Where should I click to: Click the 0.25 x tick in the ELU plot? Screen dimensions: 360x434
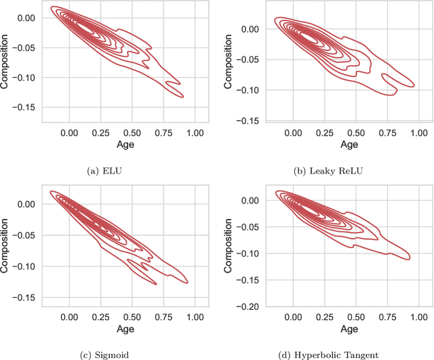point(100,132)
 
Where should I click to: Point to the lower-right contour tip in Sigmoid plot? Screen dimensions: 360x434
point(187,282)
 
